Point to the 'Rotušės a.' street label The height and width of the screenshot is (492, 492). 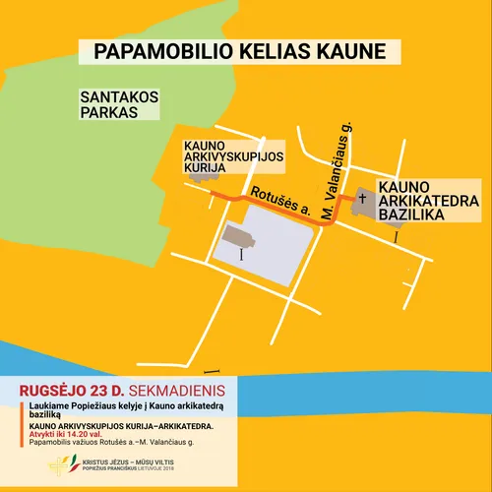coord(281,200)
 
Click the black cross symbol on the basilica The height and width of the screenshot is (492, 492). coord(362,199)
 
